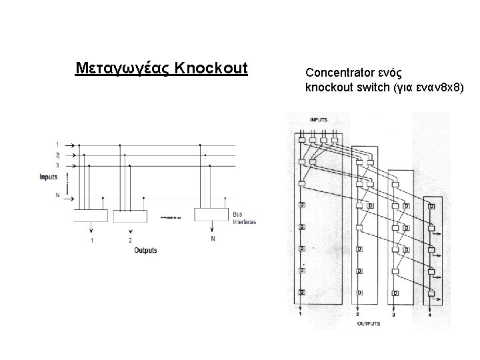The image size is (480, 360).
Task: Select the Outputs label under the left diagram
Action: coord(145,250)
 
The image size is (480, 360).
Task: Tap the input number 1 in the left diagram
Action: coord(57,144)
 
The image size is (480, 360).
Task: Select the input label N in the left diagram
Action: coord(57,195)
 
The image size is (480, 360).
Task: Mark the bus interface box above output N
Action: coord(211,214)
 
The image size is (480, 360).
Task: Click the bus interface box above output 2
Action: coord(129,215)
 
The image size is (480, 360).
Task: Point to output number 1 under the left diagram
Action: coord(91,239)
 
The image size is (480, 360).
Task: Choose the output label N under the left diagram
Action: coord(213,238)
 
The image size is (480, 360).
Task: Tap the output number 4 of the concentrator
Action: coord(430,314)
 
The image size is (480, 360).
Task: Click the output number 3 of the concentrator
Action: coord(393,314)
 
